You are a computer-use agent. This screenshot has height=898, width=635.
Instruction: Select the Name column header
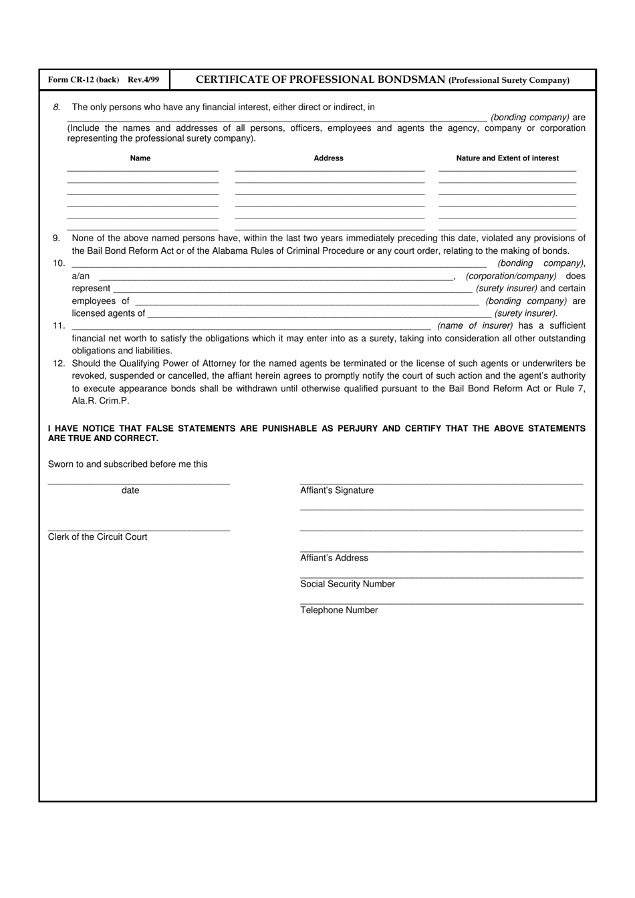coord(140,158)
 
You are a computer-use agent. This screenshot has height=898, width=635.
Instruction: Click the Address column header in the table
coord(328,158)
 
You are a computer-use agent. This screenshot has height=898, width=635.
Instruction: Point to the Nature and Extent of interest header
coord(507,158)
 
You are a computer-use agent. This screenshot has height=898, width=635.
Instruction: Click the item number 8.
coord(57,107)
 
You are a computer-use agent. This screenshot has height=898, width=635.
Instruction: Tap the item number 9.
coord(57,239)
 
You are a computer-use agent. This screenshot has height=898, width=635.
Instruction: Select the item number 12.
coord(59,363)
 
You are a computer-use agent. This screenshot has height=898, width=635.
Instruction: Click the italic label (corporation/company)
coord(511,276)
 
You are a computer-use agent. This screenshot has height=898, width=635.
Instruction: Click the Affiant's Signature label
coord(337,490)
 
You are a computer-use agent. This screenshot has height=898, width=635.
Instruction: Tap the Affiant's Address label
coord(334,558)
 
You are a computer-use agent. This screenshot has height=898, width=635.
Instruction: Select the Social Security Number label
coord(348,584)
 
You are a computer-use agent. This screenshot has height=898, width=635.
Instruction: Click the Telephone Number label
coord(339,610)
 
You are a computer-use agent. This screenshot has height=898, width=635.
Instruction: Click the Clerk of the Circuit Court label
coord(98,537)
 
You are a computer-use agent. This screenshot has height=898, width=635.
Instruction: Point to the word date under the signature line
coord(130,490)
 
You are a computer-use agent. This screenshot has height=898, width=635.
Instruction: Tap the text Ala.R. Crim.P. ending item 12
coord(101,401)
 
